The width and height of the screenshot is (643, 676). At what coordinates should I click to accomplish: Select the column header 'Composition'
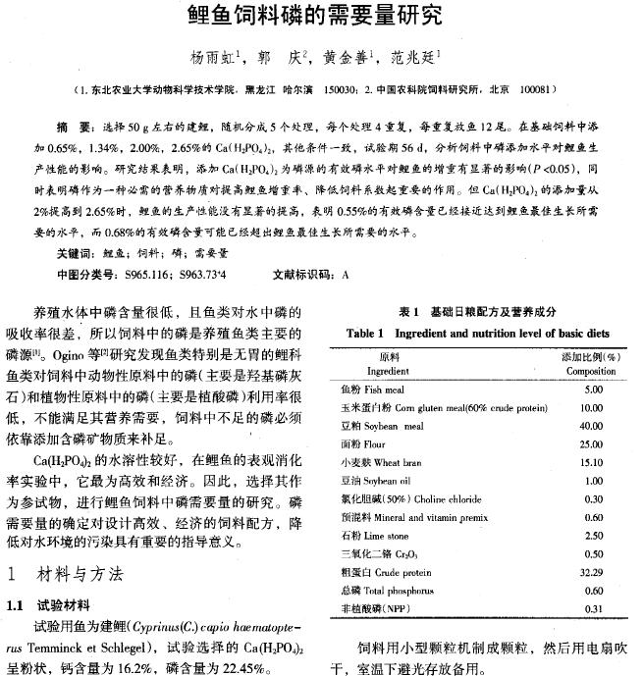590,372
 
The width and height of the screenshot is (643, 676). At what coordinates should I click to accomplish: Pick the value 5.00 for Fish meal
592,390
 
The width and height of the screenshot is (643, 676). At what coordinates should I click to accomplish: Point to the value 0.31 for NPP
592,608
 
